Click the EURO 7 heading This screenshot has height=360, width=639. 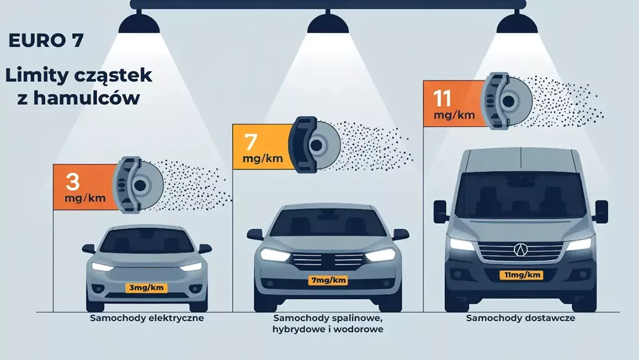coord(46,40)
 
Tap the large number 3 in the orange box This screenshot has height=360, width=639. coord(73,182)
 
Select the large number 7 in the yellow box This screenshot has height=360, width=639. coord(251,142)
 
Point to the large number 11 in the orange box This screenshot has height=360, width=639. coord(442,98)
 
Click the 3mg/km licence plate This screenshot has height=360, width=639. coord(146,287)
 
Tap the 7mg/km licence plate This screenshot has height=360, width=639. coord(328,280)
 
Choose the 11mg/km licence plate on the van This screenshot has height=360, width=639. coord(522,275)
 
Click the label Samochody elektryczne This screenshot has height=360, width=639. coord(147,318)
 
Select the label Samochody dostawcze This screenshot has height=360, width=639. coord(521,318)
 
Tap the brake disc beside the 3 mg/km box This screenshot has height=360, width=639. coord(138,185)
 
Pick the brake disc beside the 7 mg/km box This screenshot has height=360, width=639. coord(314,144)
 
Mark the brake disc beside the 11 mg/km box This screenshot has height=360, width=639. coord(506,101)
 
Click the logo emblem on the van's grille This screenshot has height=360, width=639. coord(521,249)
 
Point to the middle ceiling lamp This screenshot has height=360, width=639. coord(328,24)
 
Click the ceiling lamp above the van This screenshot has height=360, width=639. coord(517,24)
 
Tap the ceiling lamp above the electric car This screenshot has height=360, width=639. coord(139,24)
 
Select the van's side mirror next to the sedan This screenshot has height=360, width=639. coord(440,211)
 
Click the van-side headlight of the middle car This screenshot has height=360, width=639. coord(380,255)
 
